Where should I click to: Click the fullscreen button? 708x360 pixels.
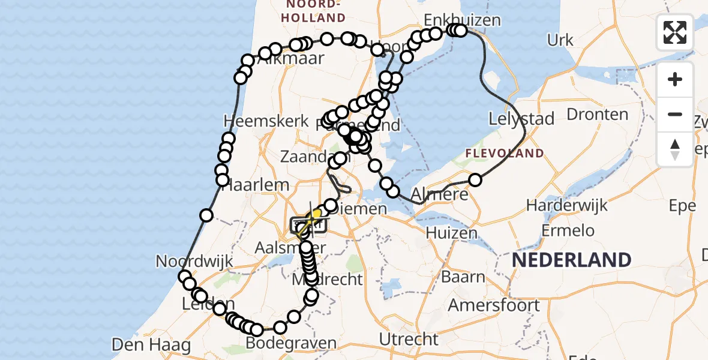[x=675, y=32]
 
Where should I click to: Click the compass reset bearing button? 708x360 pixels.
[x=675, y=149]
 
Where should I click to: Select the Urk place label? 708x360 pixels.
[x=560, y=41]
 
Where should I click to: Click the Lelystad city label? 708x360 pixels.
[x=521, y=119]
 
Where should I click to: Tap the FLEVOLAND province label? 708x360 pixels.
[x=505, y=154]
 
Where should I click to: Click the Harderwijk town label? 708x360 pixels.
[x=566, y=205]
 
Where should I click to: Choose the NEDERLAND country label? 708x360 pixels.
[x=571, y=260]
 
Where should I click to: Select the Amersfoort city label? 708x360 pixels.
[x=494, y=305]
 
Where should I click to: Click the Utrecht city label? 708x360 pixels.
[x=409, y=339]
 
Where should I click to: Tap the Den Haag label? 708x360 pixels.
[x=151, y=345]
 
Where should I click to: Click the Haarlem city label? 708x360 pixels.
[x=256, y=185]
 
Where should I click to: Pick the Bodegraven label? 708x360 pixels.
[x=291, y=343]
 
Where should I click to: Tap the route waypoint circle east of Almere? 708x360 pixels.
[x=475, y=179]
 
